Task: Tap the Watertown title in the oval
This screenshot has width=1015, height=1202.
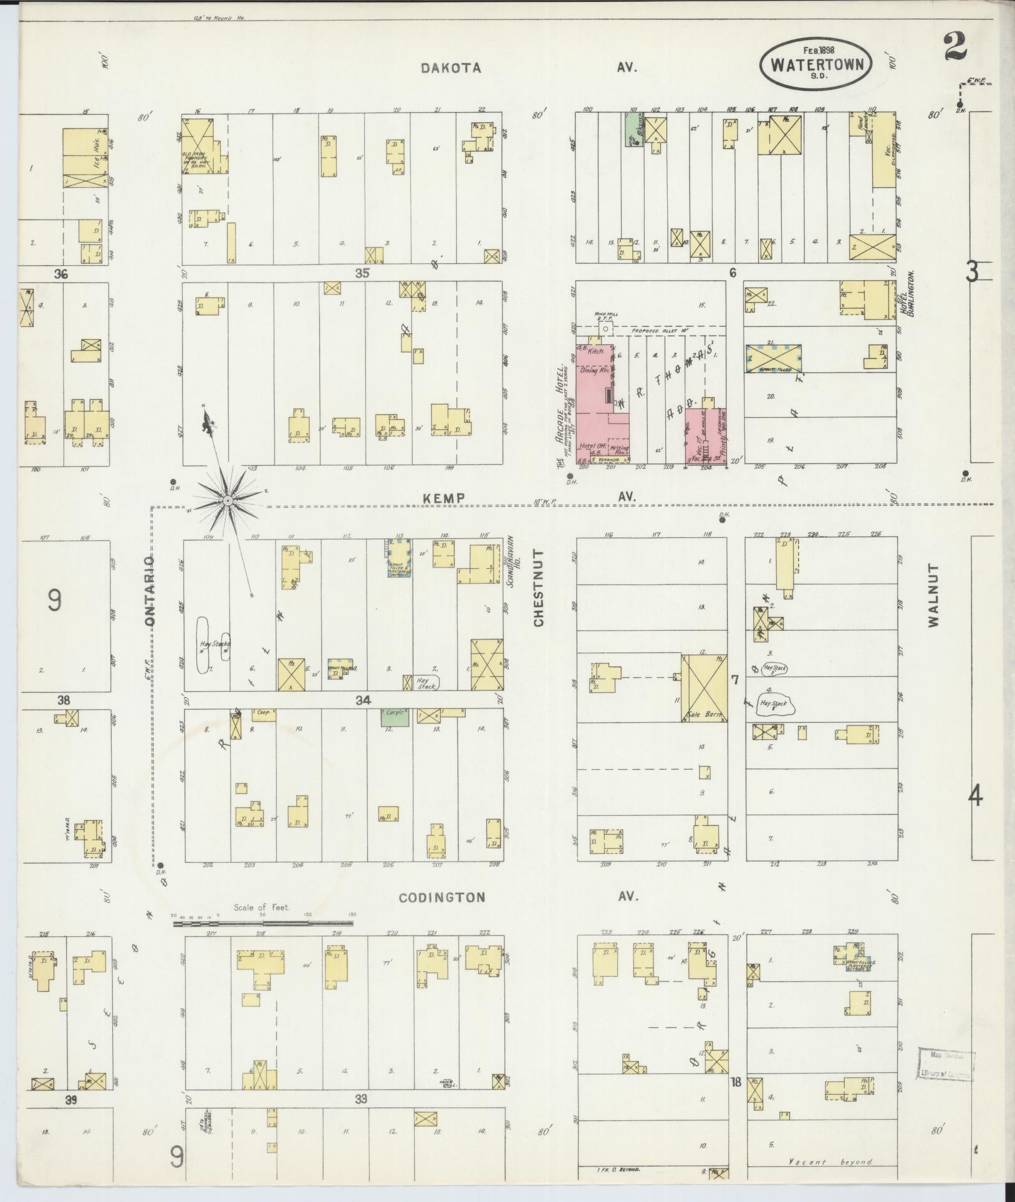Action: tap(815, 64)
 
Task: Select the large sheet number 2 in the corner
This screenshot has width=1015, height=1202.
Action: tap(955, 47)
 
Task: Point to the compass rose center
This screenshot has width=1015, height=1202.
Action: tap(228, 500)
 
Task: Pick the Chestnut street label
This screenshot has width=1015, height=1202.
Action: tap(539, 587)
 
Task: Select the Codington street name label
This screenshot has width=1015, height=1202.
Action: tap(441, 897)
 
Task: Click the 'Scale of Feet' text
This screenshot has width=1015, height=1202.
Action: tap(262, 907)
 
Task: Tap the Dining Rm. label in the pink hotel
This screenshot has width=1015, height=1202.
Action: tap(595, 371)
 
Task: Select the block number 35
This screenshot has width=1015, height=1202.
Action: tap(362, 273)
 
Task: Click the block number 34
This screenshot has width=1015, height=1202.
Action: tap(363, 700)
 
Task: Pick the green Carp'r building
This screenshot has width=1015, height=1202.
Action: tap(395, 716)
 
